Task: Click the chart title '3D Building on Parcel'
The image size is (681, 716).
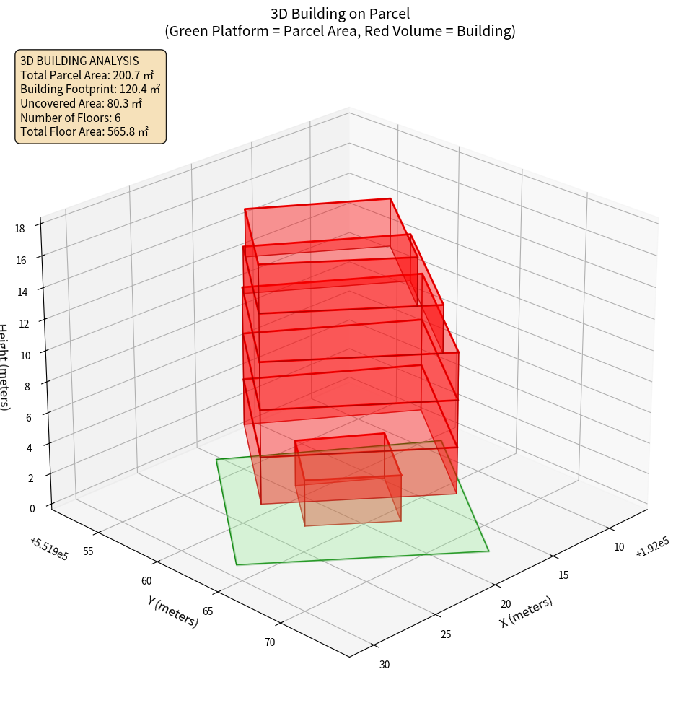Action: [x=340, y=14]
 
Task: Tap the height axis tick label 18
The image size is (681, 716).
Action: [x=19, y=229]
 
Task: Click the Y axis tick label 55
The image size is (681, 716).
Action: [x=88, y=551]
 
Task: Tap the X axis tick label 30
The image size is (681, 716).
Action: [x=385, y=664]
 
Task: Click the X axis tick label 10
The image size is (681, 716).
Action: [x=618, y=547]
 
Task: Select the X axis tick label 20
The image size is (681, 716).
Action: [x=506, y=604]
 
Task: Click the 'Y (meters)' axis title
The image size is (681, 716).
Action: [x=172, y=611]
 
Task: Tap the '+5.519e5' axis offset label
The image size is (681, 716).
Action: [x=49, y=549]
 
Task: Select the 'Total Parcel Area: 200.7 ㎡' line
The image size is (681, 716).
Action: [x=87, y=75]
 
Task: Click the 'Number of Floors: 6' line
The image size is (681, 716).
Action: [x=70, y=118]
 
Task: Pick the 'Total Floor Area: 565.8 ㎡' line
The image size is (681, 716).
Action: [x=84, y=132]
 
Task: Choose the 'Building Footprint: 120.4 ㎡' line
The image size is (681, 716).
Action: [x=90, y=89]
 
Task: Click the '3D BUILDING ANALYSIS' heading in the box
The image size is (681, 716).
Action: [x=79, y=61]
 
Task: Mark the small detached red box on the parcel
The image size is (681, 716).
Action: [x=348, y=481]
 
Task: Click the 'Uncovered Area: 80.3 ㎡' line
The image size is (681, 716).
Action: [x=86, y=103]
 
